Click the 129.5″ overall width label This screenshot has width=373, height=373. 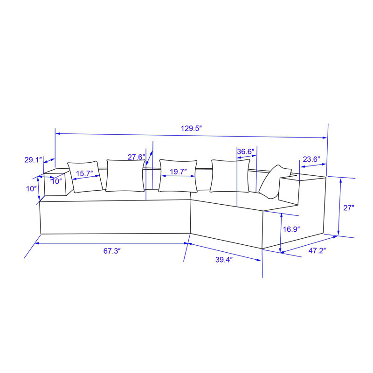191,129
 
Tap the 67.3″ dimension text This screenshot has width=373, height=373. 112,251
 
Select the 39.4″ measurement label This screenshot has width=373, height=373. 224,260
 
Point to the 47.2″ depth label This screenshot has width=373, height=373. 317,250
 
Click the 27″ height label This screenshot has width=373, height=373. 349,208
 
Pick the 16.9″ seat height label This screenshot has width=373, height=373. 291,229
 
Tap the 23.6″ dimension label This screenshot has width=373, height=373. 311,159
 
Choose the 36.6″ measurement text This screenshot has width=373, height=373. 246,151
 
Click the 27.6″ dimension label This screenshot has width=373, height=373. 136,157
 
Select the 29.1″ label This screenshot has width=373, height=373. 33,160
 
